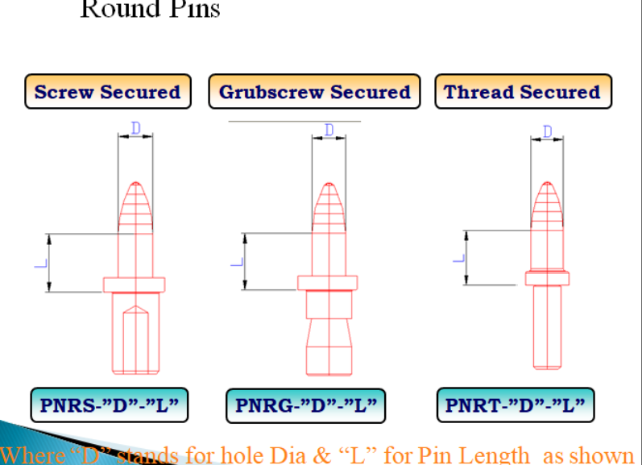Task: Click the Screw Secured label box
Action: (x=108, y=92)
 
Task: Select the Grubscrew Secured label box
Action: (x=314, y=92)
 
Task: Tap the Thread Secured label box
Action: (x=522, y=92)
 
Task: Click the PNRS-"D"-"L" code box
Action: (x=110, y=405)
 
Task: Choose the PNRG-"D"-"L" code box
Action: (x=305, y=405)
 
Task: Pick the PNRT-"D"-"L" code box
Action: (x=515, y=405)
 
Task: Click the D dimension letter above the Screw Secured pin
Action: (x=135, y=128)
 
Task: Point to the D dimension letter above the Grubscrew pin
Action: (x=329, y=130)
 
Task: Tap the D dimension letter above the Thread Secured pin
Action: (x=548, y=131)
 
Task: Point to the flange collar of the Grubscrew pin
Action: (x=327, y=283)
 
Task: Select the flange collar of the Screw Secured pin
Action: (x=135, y=284)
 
